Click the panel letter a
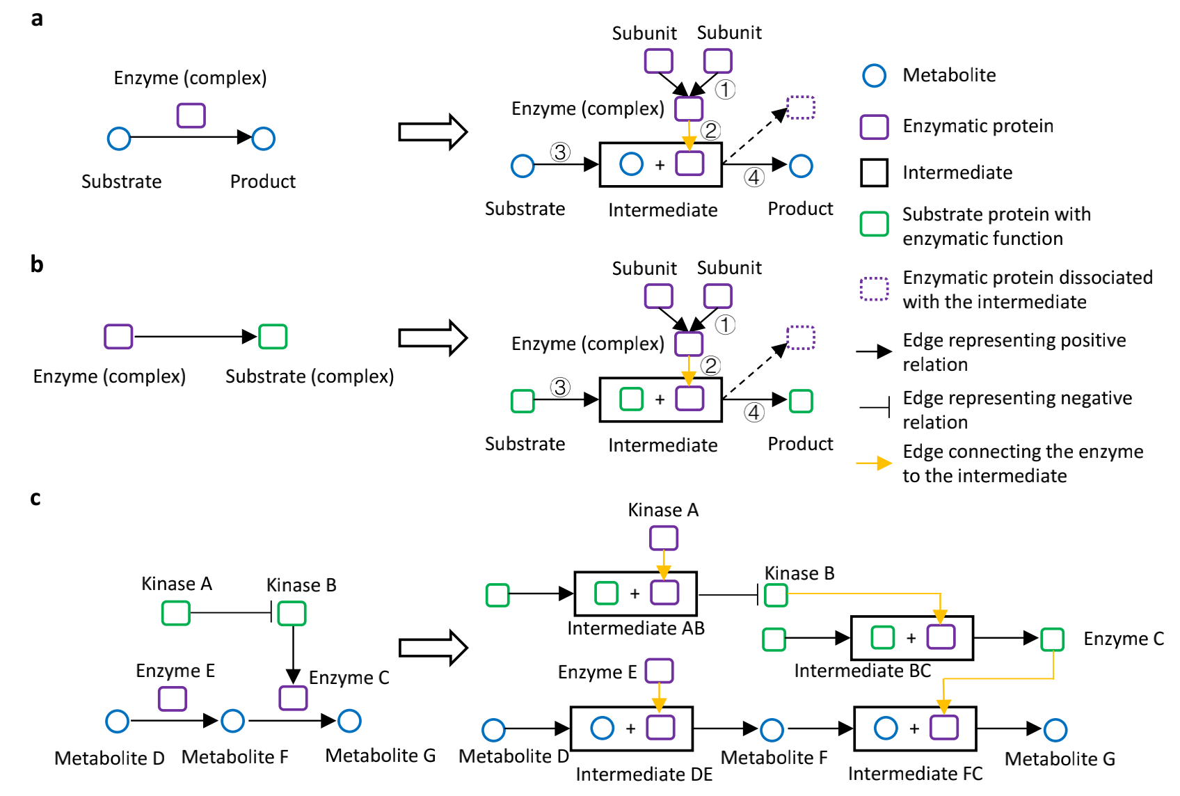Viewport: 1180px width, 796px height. [x=37, y=19]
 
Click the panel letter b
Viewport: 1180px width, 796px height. [x=37, y=264]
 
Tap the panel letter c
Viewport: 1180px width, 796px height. [x=35, y=498]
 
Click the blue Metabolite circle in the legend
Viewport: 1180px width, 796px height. [x=874, y=75]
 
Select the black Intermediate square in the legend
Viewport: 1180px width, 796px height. [x=874, y=173]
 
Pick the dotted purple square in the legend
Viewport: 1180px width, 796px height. [x=874, y=289]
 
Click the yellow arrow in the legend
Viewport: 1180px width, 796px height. [x=874, y=463]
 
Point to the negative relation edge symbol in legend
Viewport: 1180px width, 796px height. [x=875, y=407]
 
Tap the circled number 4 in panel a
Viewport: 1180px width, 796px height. [x=754, y=177]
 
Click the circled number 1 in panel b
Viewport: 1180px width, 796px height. [x=725, y=325]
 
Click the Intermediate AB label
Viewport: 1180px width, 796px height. [x=636, y=628]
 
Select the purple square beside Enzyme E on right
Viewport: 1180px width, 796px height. [x=659, y=671]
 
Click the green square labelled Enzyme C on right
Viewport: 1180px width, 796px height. [x=1052, y=639]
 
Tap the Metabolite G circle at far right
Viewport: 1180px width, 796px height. [x=1055, y=730]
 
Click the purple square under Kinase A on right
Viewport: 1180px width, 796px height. [x=663, y=538]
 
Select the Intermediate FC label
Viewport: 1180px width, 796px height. [x=915, y=774]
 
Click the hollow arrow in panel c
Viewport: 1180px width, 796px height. [x=433, y=648]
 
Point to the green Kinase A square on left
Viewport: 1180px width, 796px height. [x=175, y=613]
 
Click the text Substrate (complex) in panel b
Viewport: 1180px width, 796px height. [x=310, y=376]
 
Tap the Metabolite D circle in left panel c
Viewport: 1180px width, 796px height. [x=117, y=721]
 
